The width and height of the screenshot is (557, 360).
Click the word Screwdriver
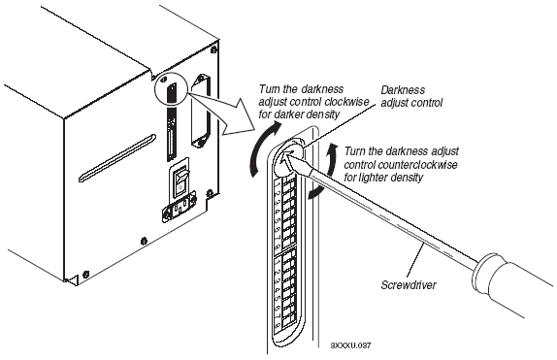[x=409, y=285]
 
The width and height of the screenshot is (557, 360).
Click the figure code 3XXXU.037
[x=350, y=345]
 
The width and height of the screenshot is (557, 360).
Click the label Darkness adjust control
[x=411, y=96]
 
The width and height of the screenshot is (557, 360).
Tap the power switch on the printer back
[x=181, y=181]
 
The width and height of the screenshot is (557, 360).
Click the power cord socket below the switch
[x=179, y=210]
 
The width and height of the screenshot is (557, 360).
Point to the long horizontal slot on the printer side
[x=117, y=158]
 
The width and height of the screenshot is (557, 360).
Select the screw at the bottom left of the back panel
[x=85, y=274]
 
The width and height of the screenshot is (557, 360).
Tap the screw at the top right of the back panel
[x=213, y=49]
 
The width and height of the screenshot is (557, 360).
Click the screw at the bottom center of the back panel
[x=144, y=241]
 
